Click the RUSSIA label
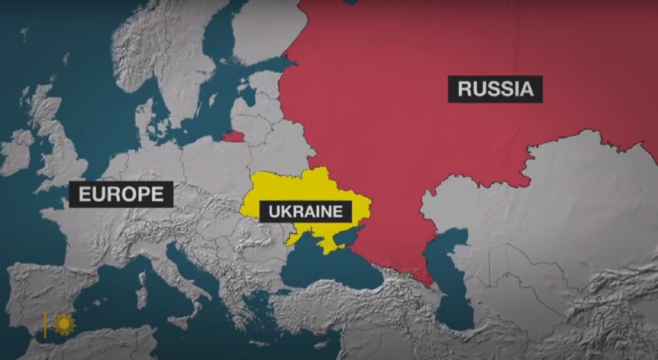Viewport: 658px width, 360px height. pos(495,89)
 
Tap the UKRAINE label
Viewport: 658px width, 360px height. pos(306,211)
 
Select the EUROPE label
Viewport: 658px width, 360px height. pos(121,194)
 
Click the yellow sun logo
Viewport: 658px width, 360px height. pos(64,323)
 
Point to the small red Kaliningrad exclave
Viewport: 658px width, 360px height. pos(234,136)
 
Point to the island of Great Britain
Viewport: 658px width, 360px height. pos(61,148)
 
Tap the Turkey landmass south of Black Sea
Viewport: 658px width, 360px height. pos(360,309)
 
